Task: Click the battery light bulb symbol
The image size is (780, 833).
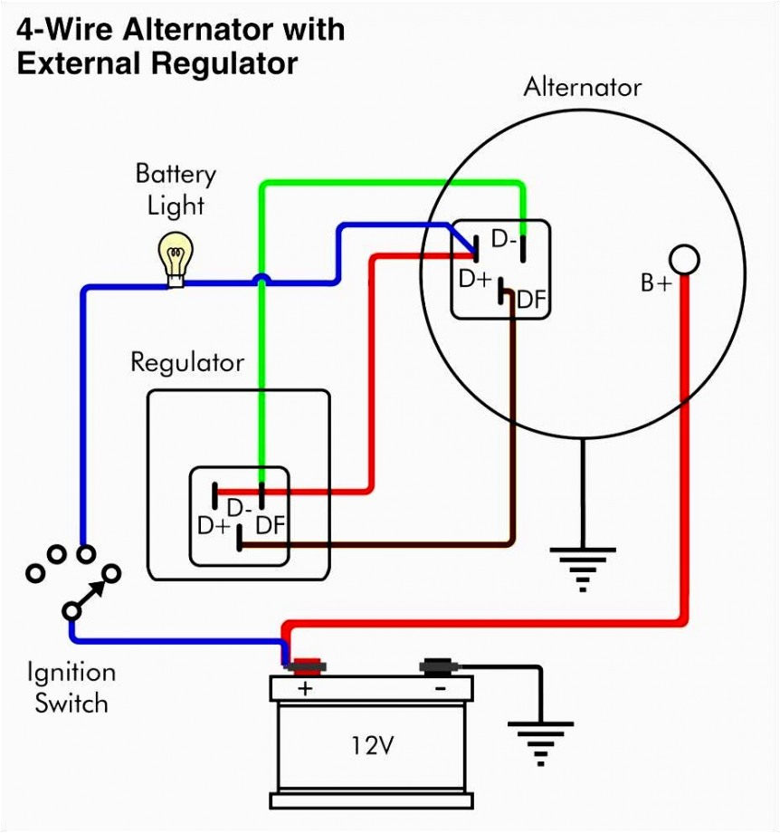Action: (x=176, y=260)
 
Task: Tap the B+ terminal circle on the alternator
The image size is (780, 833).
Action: (x=684, y=260)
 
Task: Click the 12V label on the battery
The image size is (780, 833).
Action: (x=373, y=745)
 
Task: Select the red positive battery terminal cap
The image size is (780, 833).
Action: (x=307, y=666)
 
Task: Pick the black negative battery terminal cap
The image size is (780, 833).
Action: (x=440, y=666)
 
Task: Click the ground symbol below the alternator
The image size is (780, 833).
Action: (x=583, y=569)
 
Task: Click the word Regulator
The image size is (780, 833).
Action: (x=187, y=363)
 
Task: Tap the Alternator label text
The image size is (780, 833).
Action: (x=583, y=87)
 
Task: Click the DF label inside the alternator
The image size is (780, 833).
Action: (x=531, y=301)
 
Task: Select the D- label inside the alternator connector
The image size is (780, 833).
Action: (x=504, y=239)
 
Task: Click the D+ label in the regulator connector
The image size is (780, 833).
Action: (x=214, y=526)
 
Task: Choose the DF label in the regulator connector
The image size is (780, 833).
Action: (x=271, y=525)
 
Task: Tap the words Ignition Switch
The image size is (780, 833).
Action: (x=71, y=688)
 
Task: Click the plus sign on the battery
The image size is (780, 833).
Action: (x=305, y=688)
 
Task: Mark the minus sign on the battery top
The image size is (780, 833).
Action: (x=440, y=689)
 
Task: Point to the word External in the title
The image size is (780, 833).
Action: (x=78, y=63)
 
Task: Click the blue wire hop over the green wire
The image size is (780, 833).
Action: (x=261, y=279)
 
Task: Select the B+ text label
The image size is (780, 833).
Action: (x=656, y=283)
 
